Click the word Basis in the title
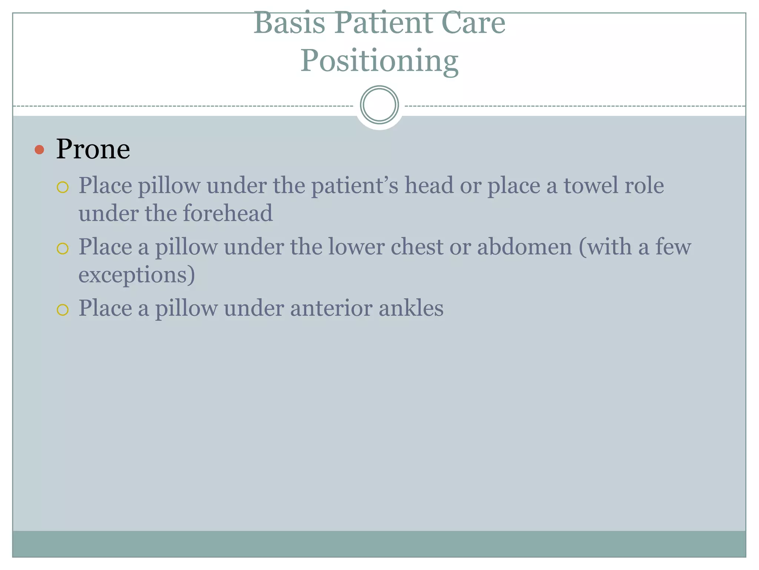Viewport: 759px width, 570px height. click(x=289, y=23)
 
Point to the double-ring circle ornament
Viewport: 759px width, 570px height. click(x=379, y=105)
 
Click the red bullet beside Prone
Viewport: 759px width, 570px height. click(x=39, y=150)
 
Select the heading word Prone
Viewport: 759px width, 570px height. click(x=93, y=149)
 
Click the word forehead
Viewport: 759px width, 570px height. click(x=228, y=213)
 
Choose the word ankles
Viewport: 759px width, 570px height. click(x=411, y=308)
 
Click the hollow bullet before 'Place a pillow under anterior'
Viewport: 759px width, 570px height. click(x=63, y=309)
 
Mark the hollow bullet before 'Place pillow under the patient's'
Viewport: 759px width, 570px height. click(x=63, y=187)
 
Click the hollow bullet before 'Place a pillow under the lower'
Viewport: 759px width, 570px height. click(x=63, y=248)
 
